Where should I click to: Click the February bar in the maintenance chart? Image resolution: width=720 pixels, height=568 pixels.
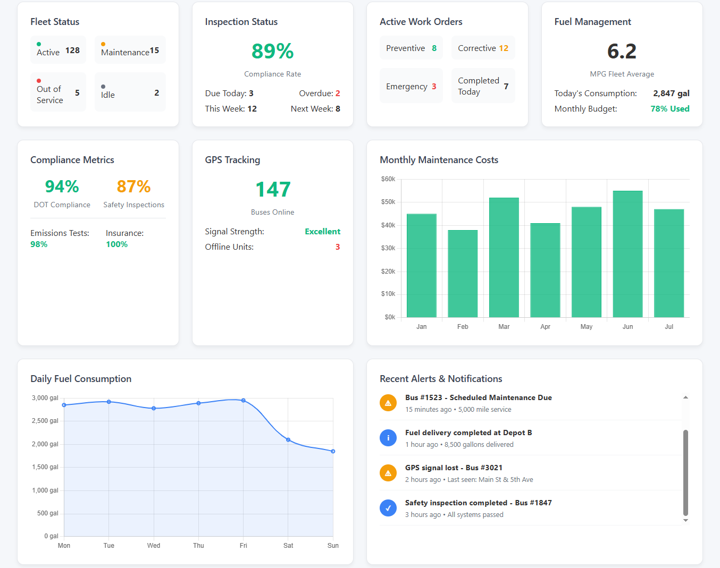coord(463,274)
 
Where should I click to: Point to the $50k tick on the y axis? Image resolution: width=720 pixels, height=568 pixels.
coord(388,202)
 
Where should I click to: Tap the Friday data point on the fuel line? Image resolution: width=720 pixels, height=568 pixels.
coord(244,401)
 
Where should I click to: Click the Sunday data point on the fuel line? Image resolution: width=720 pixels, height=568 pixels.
coord(333,451)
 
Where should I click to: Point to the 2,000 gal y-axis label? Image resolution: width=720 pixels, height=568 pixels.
coord(45,444)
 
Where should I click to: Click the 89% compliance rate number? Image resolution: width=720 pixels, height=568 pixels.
coord(272,52)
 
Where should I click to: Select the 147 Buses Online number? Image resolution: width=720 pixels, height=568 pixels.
coord(272,189)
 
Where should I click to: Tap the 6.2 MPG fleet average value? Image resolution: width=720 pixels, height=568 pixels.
coord(622,52)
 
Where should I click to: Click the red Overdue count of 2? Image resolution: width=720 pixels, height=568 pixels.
coord(337,94)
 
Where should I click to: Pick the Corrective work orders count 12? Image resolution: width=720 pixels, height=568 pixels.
coord(503,48)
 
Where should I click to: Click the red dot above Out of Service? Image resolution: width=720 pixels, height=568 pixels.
coord(39,81)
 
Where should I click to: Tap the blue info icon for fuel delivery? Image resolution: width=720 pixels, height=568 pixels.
coord(388,438)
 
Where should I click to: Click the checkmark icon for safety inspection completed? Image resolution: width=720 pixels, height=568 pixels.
coord(388,508)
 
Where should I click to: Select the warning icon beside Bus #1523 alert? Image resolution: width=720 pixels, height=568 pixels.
coord(388,403)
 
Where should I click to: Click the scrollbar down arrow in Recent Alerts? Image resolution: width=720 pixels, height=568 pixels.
coord(685,521)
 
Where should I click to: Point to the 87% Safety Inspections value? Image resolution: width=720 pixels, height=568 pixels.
coord(133,186)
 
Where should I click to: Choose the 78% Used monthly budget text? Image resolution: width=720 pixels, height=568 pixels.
coord(669,109)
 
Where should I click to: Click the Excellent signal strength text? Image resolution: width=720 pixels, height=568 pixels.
coord(322,232)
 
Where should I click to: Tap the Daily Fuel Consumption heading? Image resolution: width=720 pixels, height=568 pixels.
coord(81,379)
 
